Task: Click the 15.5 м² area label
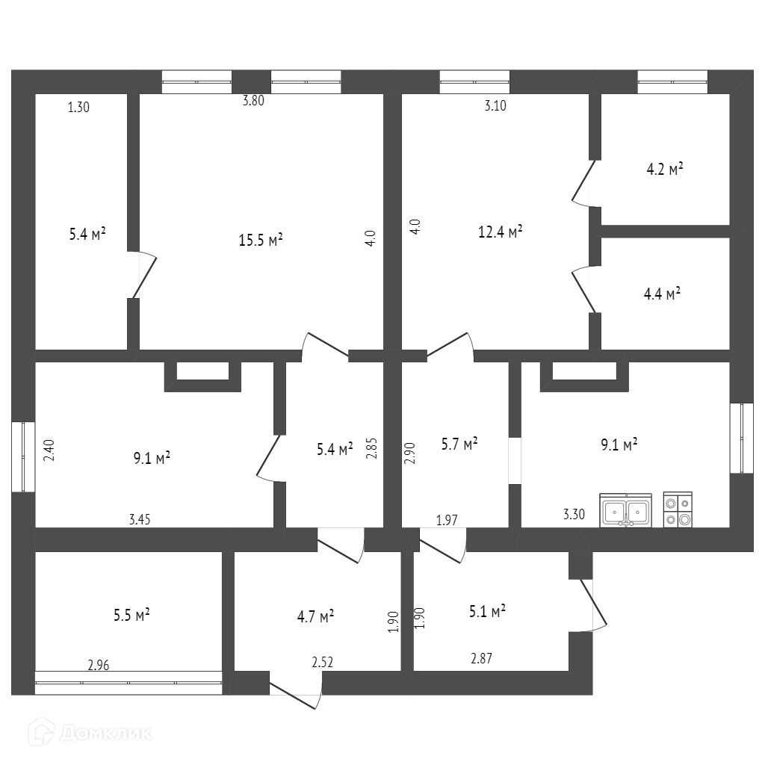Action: (x=260, y=240)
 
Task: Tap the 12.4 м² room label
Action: (x=500, y=232)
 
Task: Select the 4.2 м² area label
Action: (x=665, y=169)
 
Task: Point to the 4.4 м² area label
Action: (x=662, y=294)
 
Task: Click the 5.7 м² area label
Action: (x=459, y=445)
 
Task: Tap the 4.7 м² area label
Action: (x=315, y=616)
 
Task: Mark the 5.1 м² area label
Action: (x=487, y=610)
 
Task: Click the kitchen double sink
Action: (x=625, y=511)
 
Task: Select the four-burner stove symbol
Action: (x=678, y=511)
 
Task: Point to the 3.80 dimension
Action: (x=253, y=102)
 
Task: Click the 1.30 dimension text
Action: (x=78, y=107)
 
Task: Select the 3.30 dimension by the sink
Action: (x=574, y=514)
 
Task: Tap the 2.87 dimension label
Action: (x=481, y=658)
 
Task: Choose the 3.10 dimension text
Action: (x=495, y=105)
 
